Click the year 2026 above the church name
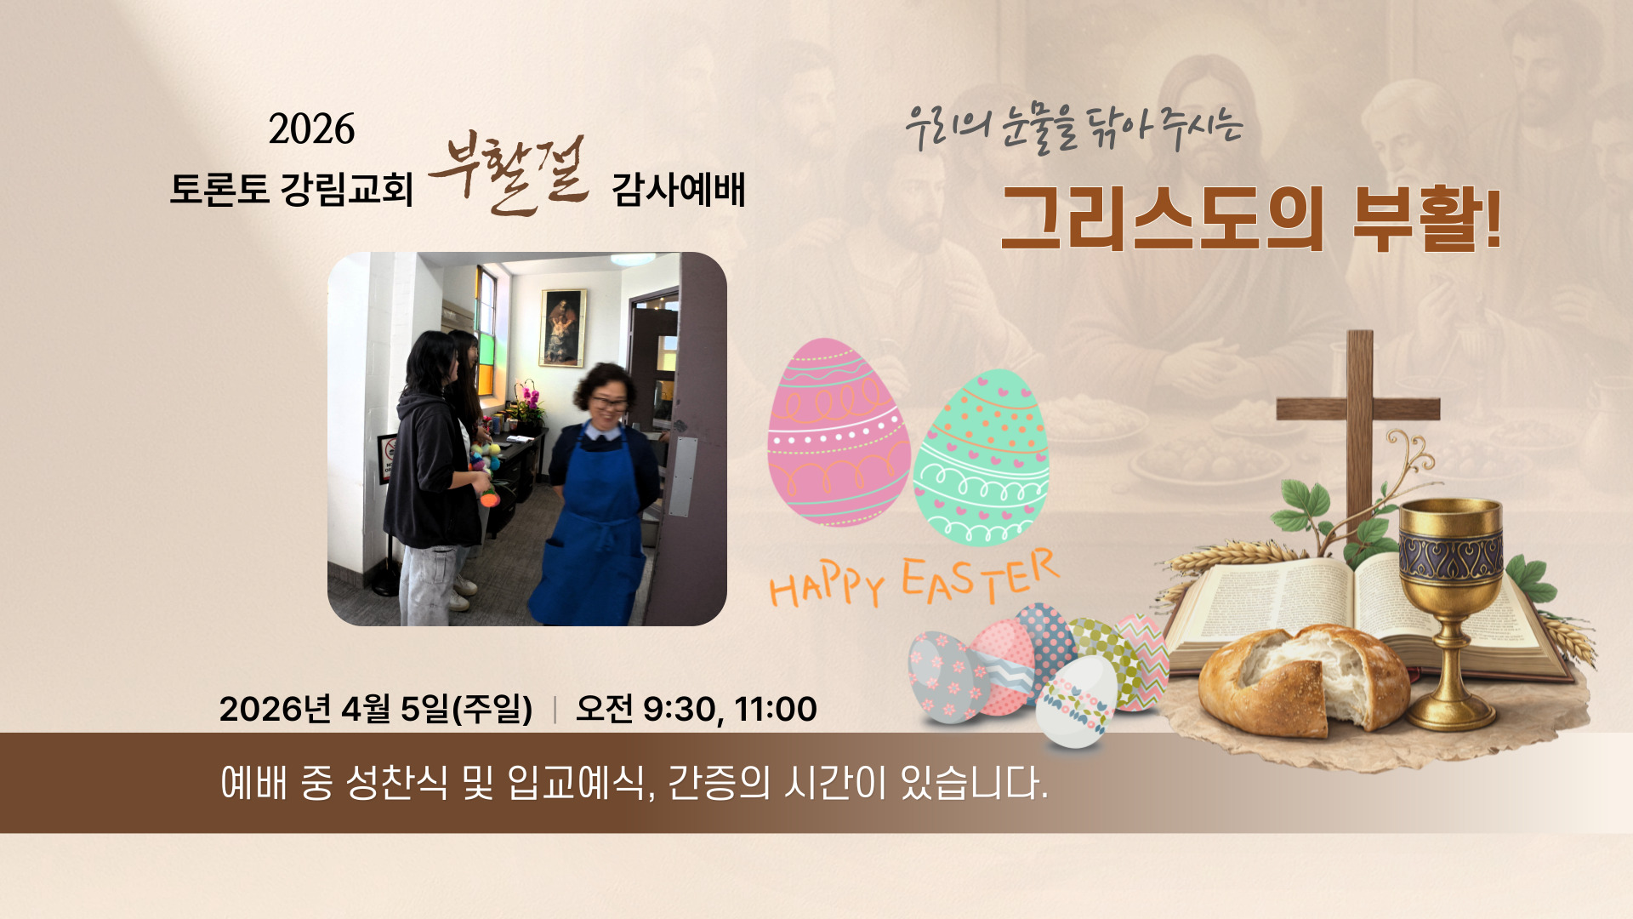pyautogui.click(x=311, y=129)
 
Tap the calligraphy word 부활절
pyautogui.click(x=509, y=174)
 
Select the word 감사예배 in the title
pyautogui.click(x=679, y=189)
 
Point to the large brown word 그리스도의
pyautogui.click(x=1162, y=218)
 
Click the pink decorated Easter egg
pyautogui.click(x=838, y=432)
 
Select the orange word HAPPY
pyautogui.click(x=827, y=587)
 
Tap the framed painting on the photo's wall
pyautogui.click(x=564, y=328)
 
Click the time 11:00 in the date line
pyautogui.click(x=775, y=709)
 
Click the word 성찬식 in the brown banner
pyautogui.click(x=395, y=783)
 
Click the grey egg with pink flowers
pyautogui.click(x=947, y=676)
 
